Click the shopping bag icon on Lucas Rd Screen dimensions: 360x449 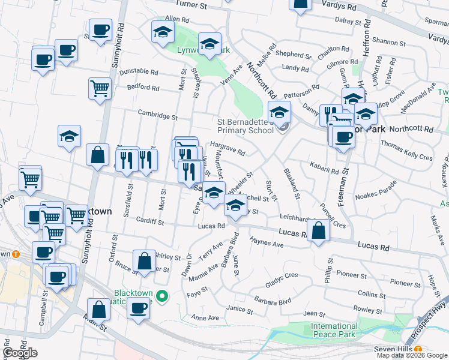[x=319, y=230]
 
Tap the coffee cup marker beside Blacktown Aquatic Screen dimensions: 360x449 [x=139, y=308]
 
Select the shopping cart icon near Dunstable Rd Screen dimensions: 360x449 [x=100, y=89]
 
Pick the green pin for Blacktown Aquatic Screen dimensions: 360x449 [x=161, y=296]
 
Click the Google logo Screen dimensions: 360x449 [x=20, y=353]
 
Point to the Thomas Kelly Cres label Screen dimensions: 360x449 [x=406, y=150]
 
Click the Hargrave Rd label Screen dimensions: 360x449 [x=228, y=148]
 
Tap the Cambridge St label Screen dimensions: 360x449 [x=158, y=115]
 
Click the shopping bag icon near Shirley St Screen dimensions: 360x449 [x=144, y=261]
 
